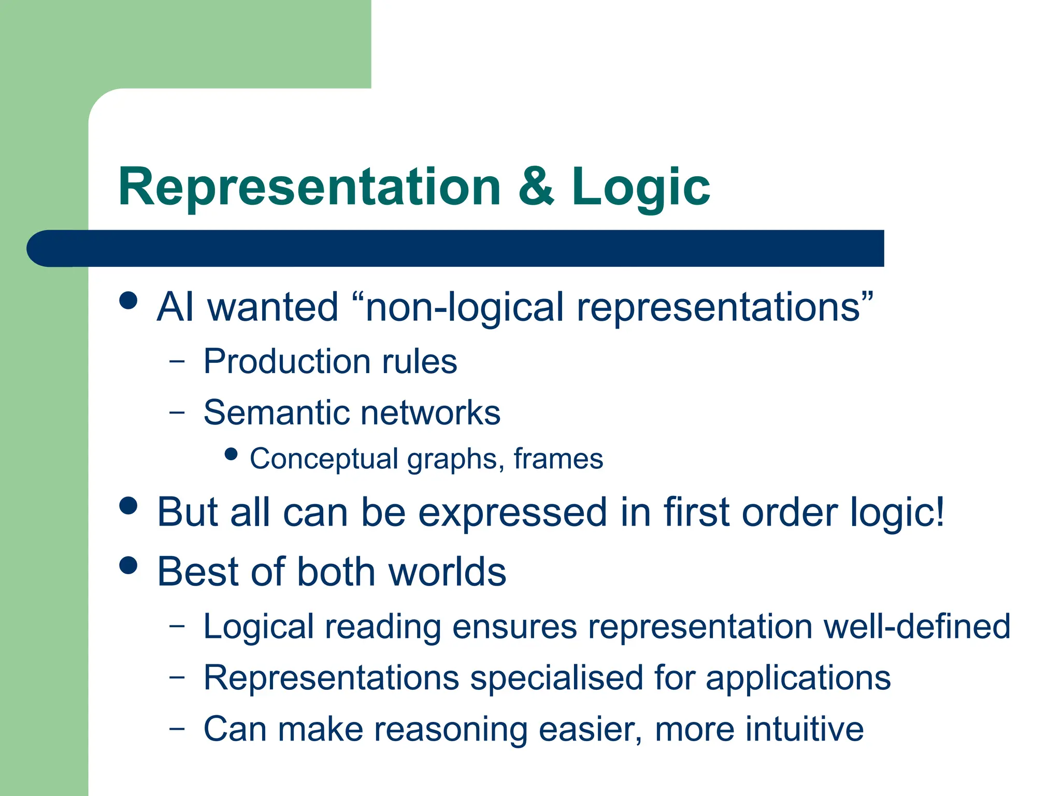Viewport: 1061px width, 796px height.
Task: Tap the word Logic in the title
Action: [x=640, y=188]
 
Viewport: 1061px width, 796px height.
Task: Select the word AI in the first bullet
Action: [x=175, y=307]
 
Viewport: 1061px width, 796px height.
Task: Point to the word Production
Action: [x=286, y=361]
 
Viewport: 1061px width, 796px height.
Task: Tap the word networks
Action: [x=430, y=413]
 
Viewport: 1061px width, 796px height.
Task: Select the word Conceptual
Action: [x=323, y=459]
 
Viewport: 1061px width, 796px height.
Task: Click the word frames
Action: [x=558, y=459]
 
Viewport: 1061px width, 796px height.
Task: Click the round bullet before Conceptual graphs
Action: [x=231, y=454]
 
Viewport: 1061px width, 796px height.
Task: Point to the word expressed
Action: [x=512, y=512]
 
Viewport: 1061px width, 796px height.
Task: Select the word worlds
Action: [x=447, y=572]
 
